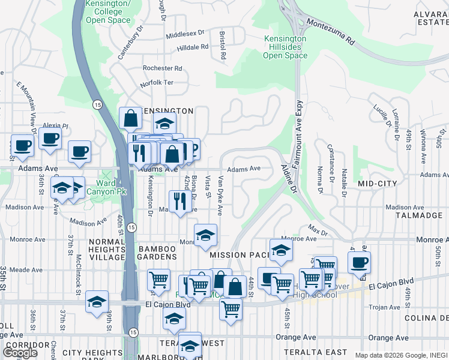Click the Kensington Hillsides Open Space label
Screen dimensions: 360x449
coord(285,47)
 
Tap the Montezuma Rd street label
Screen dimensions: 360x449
coord(331,32)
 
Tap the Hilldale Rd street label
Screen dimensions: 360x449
coord(193,47)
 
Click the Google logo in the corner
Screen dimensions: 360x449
coord(20,352)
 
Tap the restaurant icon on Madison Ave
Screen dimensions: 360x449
coord(179,201)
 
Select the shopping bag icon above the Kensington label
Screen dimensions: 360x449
coord(130,118)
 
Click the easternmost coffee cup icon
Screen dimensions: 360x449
coord(359,262)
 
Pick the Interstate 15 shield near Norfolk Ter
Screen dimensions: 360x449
coord(97,104)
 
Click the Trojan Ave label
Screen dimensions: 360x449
coord(379,307)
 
